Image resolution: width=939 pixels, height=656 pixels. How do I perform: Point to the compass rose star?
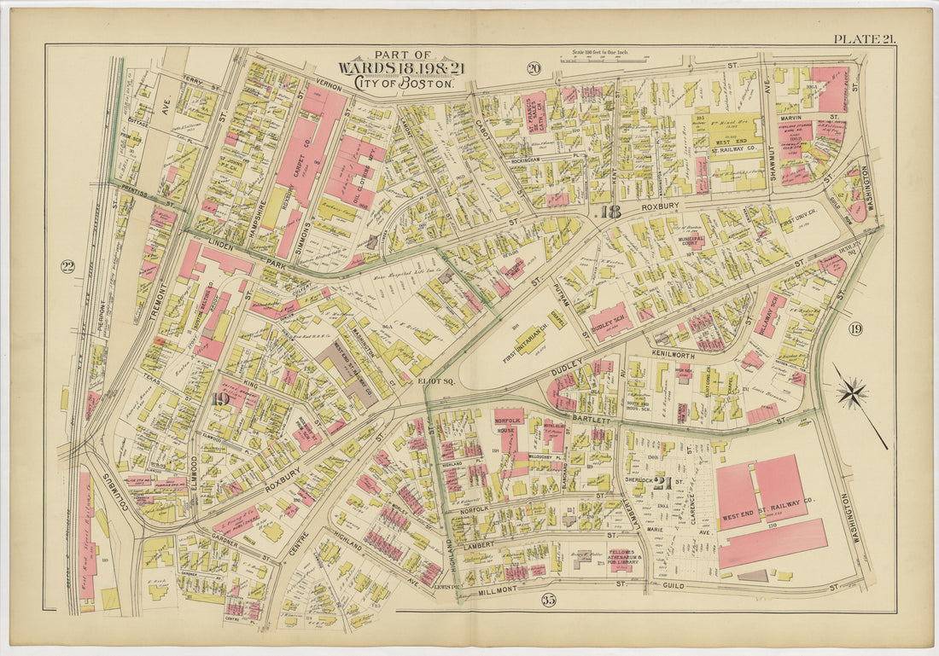(x=851, y=393)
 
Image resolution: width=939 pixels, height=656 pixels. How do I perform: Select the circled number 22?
(x=67, y=266)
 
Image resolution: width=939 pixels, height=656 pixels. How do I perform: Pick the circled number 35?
(x=548, y=600)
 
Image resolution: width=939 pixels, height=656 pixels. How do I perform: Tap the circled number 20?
(x=534, y=69)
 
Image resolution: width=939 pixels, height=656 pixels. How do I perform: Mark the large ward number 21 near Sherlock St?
(x=663, y=482)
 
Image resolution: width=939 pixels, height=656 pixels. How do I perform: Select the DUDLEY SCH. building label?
(x=611, y=322)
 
